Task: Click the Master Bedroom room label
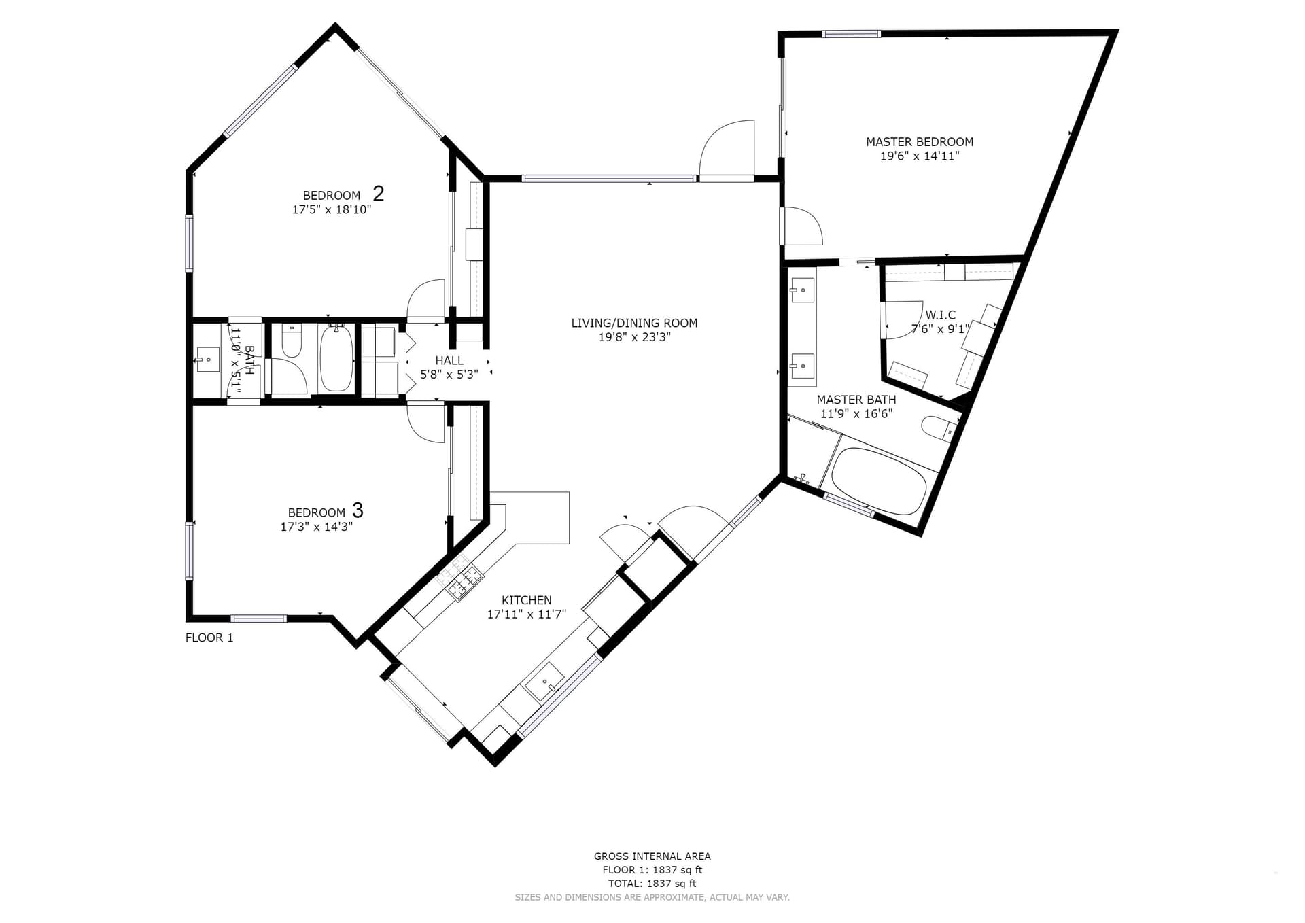coord(920,142)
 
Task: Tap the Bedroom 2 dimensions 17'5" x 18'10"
coord(332,209)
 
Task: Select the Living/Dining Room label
coord(634,323)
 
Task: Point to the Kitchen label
coord(527,600)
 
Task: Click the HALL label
coord(449,360)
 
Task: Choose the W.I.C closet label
coord(941,315)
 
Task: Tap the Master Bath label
coord(856,400)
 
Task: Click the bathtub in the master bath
coord(879,481)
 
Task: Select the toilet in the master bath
coord(939,428)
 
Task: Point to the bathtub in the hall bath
coord(336,358)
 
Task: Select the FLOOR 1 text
coord(209,638)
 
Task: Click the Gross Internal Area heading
coord(652,856)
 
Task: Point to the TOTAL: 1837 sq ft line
coord(652,884)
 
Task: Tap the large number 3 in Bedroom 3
coord(358,510)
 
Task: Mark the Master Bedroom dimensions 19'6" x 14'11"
coord(920,156)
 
